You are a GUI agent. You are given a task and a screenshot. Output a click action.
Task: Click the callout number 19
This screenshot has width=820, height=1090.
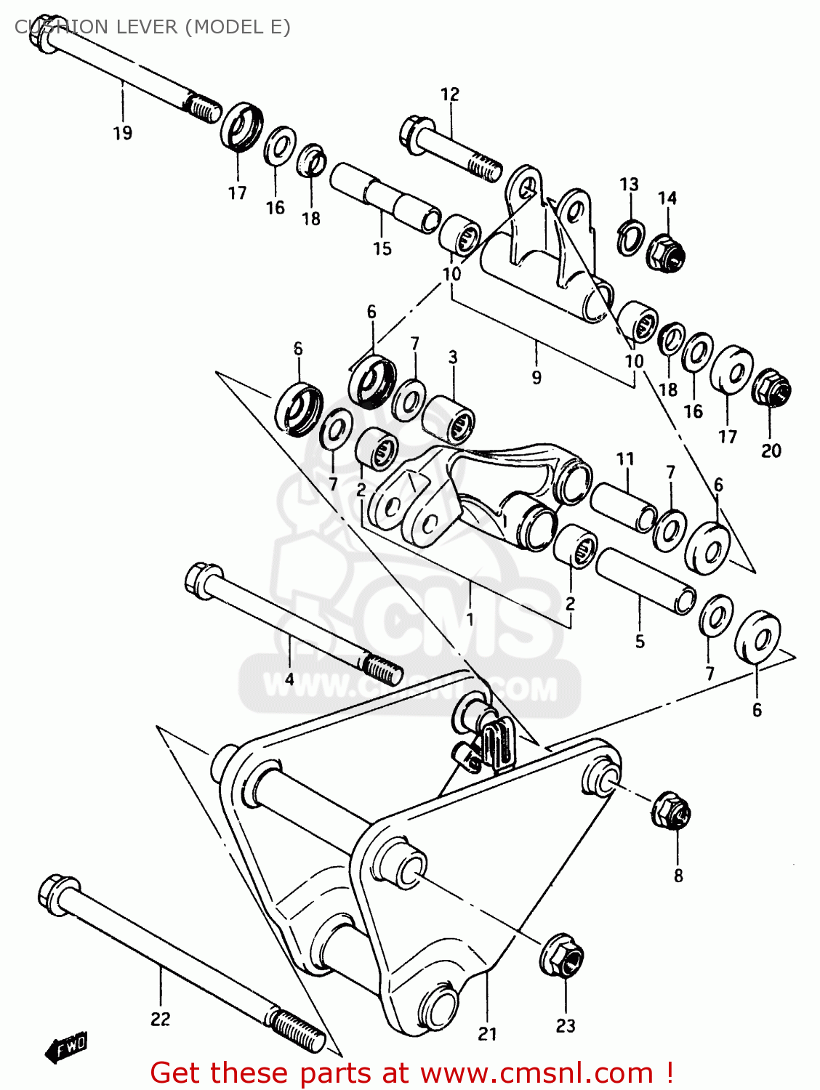(122, 133)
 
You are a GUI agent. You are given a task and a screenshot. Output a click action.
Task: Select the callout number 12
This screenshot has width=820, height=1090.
(450, 94)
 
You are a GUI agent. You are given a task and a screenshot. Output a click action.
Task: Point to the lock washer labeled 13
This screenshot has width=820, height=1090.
(630, 236)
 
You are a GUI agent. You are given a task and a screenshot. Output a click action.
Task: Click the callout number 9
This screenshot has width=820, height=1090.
(536, 377)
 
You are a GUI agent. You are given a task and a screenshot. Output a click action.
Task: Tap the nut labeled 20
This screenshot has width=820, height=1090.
(771, 389)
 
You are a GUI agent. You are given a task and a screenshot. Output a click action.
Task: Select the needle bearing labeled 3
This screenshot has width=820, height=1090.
(449, 418)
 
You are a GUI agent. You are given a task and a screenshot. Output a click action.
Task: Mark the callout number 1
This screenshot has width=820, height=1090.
(470, 619)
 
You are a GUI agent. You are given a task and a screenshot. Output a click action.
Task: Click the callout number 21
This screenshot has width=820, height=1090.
(487, 1033)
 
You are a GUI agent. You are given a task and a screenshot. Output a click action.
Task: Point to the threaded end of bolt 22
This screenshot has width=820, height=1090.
(298, 1029)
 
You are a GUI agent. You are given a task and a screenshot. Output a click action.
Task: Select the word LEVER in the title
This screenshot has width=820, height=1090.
(142, 27)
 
